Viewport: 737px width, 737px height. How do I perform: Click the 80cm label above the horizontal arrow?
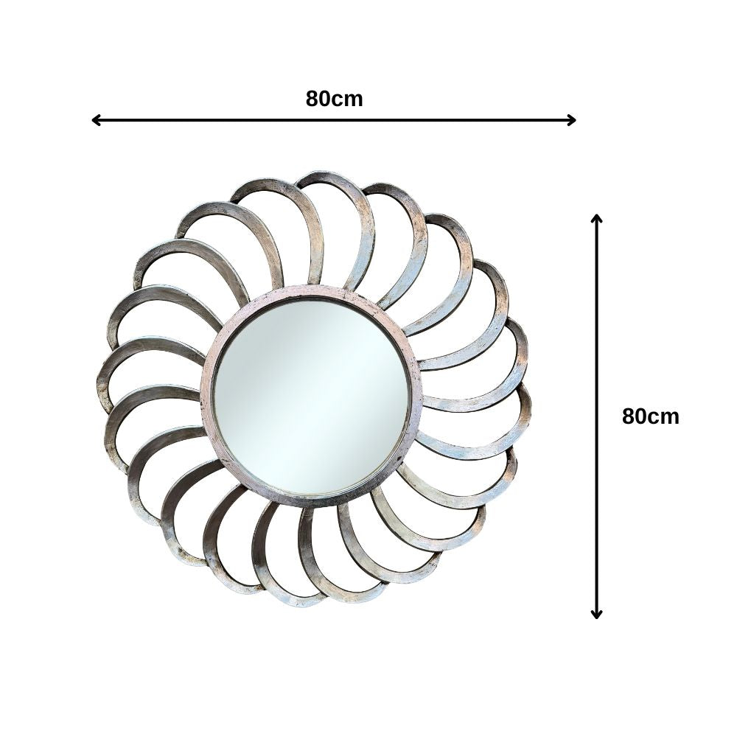(x=334, y=99)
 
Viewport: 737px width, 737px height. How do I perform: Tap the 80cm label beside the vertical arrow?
(x=650, y=416)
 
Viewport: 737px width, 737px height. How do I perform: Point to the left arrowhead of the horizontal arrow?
(x=94, y=120)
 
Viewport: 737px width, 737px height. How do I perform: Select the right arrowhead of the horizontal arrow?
(x=573, y=120)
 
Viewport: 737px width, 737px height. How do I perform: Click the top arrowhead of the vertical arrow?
(x=597, y=218)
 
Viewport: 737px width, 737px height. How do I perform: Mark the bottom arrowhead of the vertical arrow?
(x=597, y=615)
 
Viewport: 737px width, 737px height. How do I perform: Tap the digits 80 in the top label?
(x=318, y=99)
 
